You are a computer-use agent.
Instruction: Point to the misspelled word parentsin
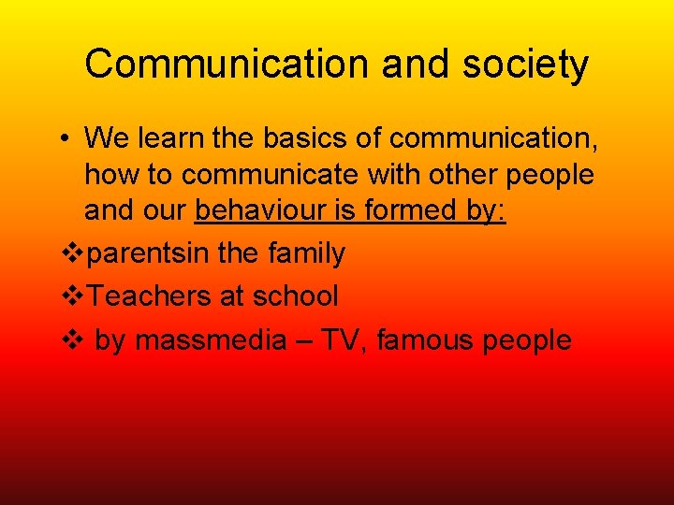tap(153, 253)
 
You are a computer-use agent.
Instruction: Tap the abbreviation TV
tap(344, 339)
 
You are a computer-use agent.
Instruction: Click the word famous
tap(427, 339)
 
